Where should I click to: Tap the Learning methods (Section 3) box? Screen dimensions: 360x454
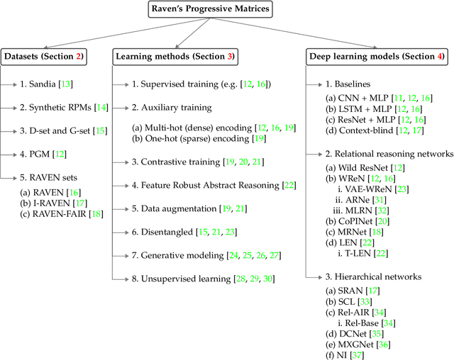(x=175, y=55)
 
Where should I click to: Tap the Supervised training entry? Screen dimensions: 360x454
(x=201, y=84)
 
